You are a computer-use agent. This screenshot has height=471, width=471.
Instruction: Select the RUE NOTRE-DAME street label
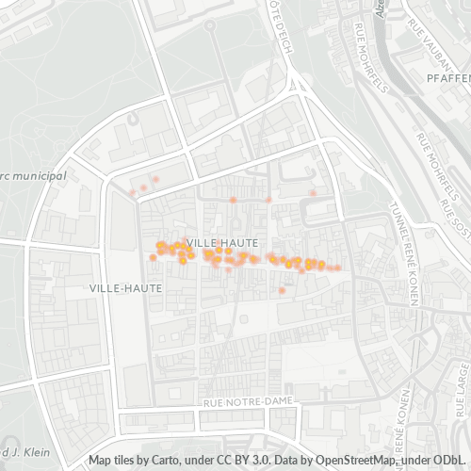pos(249,401)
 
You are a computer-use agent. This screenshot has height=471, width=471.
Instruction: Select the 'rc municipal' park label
pos(33,175)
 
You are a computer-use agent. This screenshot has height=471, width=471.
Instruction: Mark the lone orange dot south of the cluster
pos(282,291)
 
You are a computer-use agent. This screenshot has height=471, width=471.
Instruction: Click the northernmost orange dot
pos(155,179)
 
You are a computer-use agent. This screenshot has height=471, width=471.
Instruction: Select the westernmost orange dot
pos(131,191)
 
